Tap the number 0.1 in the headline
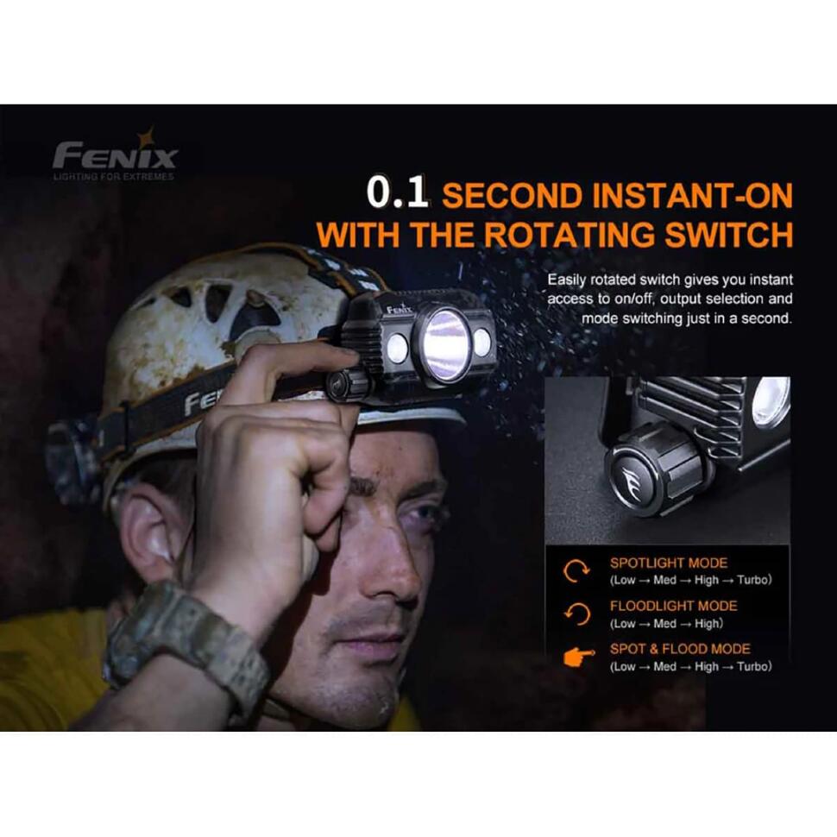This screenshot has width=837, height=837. point(398,193)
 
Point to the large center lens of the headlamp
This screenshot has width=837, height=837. point(446,345)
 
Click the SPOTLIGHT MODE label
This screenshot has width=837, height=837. point(669,563)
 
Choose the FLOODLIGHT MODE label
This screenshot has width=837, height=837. point(673,606)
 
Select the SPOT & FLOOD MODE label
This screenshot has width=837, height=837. point(680,649)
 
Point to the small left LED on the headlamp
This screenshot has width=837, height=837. point(397,349)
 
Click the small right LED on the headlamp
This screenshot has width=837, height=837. point(481,343)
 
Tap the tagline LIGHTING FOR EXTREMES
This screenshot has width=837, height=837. point(113,177)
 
